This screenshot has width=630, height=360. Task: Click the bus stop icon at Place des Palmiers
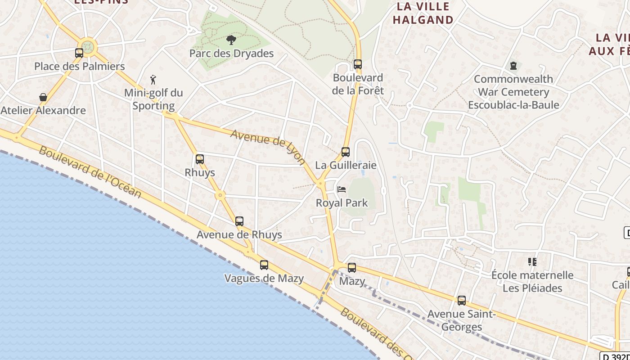tap(79, 53)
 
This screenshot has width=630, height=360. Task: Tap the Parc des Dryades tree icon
tap(231, 40)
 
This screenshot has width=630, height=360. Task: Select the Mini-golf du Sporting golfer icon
tap(153, 80)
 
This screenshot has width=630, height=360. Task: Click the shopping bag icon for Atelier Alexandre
tap(43, 97)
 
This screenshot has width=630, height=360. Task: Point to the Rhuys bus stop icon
tap(200, 159)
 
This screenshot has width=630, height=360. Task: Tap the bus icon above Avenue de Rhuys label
tap(239, 221)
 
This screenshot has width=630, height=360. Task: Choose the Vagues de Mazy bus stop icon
tap(264, 265)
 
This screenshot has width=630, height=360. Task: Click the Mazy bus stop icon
tap(352, 268)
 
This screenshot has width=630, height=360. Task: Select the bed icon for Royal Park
tap(342, 189)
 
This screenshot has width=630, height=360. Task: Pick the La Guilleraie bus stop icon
tap(346, 152)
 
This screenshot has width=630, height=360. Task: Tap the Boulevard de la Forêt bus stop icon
tap(358, 64)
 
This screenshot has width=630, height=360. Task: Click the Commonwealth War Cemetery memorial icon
tap(513, 66)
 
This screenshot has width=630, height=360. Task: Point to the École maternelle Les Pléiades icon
tap(532, 262)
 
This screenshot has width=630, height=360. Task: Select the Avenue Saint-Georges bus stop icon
tap(462, 301)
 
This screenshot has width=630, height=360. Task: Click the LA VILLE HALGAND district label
tap(423, 13)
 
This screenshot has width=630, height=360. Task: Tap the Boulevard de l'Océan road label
tap(90, 172)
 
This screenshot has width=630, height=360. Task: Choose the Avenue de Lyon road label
tap(268, 147)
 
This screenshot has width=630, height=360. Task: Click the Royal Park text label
tap(342, 203)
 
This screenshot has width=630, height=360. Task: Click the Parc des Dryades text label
tap(231, 54)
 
